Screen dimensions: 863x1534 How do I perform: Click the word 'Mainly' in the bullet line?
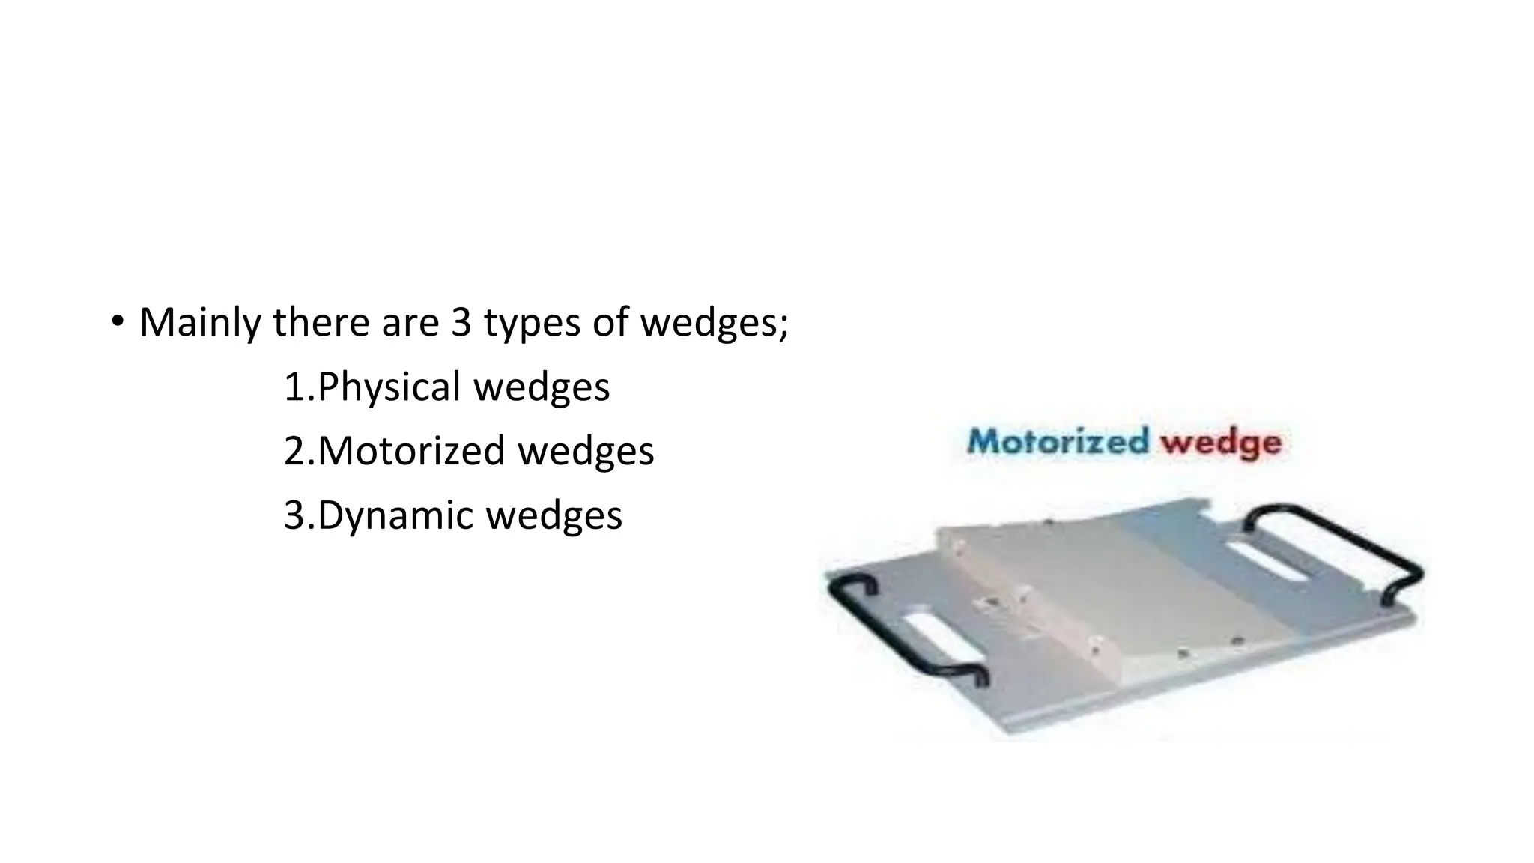pos(200,323)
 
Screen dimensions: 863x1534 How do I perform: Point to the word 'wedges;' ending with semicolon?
pos(715,323)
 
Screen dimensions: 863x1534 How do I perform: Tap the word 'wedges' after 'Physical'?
pos(542,387)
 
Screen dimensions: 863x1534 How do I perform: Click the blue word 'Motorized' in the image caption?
pos(1058,440)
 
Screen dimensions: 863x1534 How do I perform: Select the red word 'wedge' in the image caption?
pos(1221,442)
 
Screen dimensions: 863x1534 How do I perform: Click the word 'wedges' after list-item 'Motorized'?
pos(586,451)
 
